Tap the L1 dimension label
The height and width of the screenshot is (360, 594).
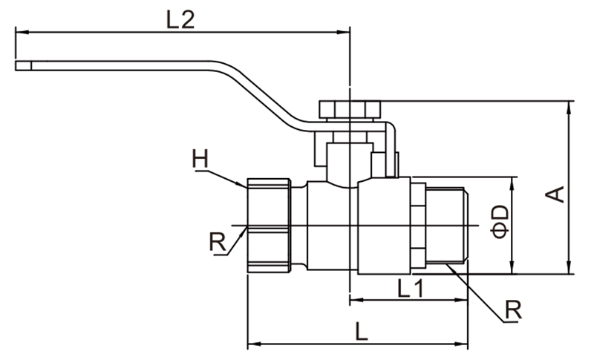411,289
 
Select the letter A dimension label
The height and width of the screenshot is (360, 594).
555,194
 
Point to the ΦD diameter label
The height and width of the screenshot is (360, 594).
500,222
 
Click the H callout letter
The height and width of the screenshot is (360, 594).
200,159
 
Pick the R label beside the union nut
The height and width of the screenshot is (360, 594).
218,242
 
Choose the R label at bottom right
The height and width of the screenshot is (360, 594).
513,310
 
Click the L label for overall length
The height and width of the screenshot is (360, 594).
362,331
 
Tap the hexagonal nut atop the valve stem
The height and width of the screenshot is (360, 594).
350,109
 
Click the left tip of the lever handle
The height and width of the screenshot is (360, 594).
16,66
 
